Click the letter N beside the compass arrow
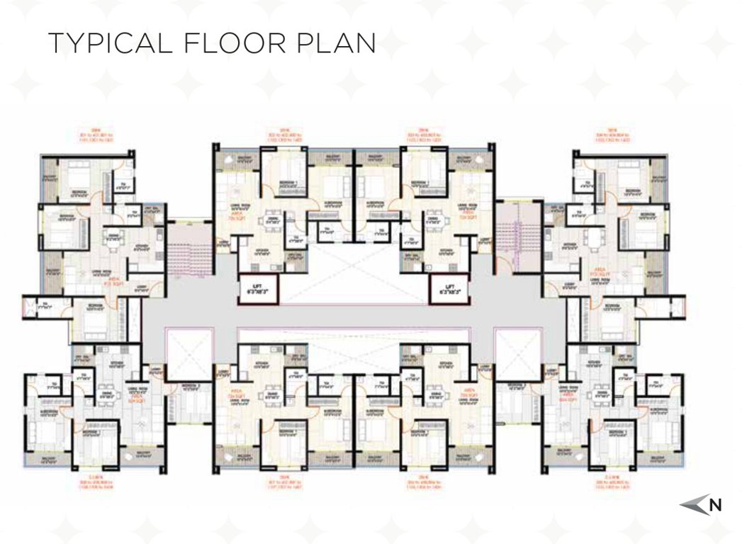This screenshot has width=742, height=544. pos(716,505)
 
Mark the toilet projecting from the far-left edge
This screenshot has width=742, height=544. pos(35,307)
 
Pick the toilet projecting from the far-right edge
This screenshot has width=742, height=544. pos(673,307)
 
